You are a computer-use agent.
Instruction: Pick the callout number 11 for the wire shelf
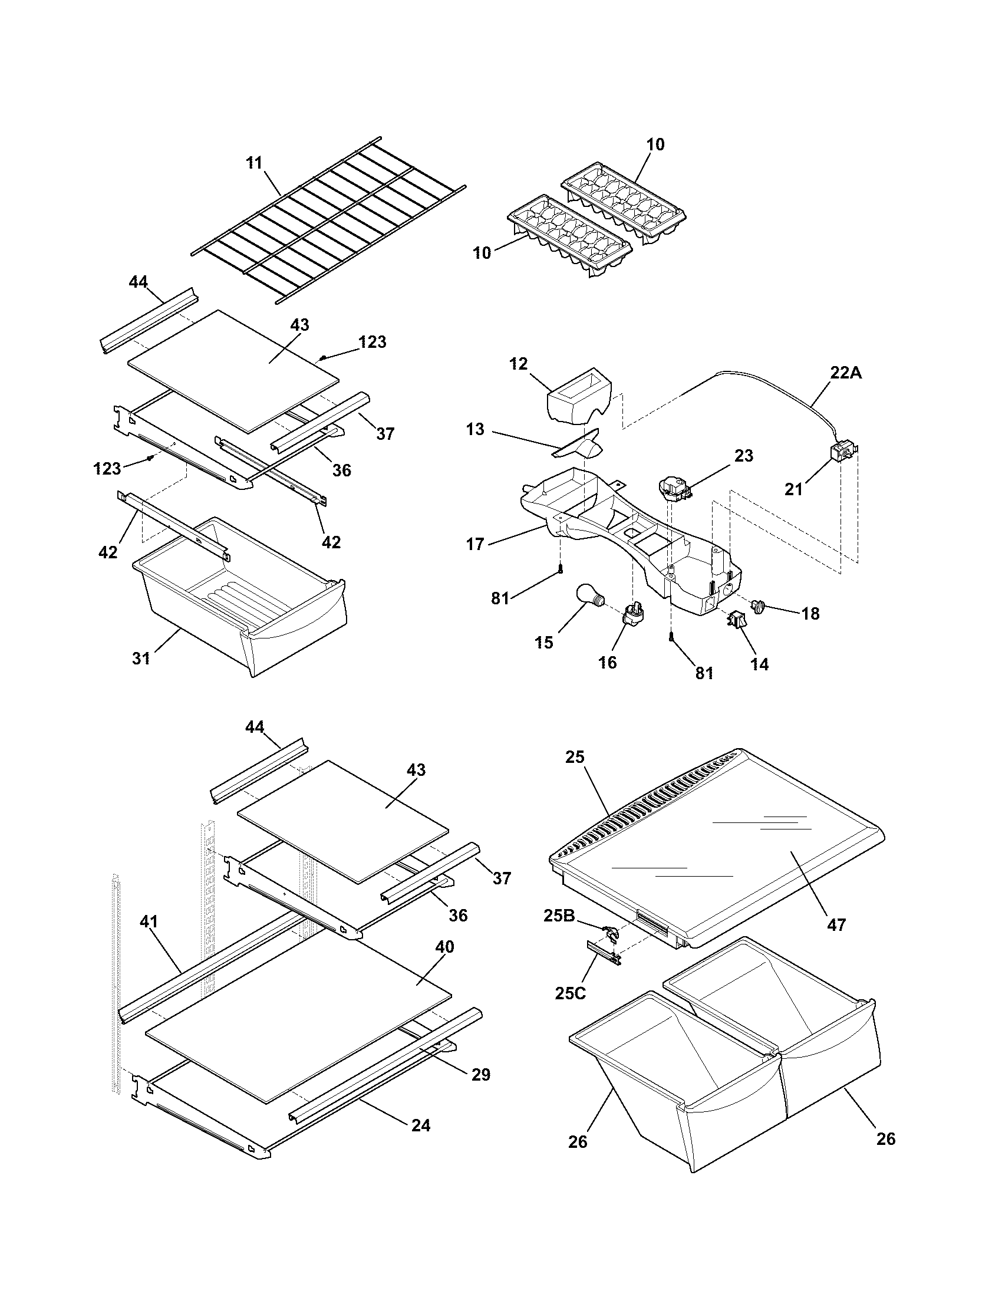[x=254, y=163]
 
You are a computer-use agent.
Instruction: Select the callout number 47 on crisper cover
[x=836, y=924]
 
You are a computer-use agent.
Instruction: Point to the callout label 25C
[x=571, y=992]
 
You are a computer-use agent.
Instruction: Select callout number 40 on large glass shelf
[x=444, y=947]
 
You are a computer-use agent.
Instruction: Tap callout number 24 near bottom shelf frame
[x=421, y=1125]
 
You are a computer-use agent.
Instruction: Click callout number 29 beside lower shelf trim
[x=481, y=1074]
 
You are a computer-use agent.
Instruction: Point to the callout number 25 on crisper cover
[x=575, y=756]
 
